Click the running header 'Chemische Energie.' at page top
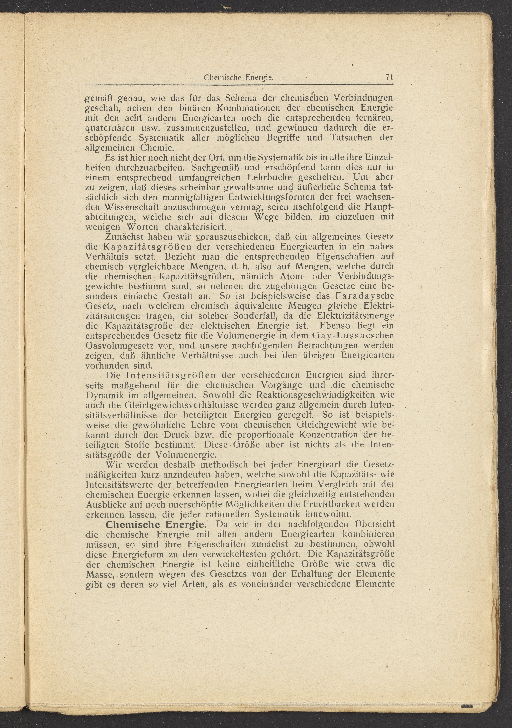click(239, 77)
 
